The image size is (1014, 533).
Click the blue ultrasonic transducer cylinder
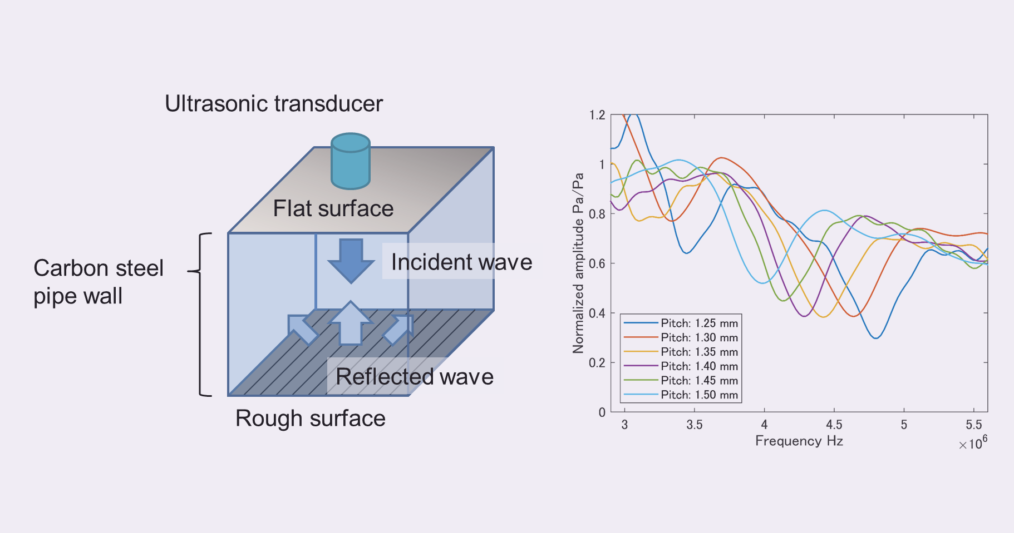351,161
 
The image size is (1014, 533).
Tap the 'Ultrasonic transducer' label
274,104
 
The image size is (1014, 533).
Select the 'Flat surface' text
333,208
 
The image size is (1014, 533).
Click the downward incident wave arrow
351,261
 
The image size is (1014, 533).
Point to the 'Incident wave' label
461,262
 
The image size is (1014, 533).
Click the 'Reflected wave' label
415,377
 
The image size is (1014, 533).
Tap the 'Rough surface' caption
311,419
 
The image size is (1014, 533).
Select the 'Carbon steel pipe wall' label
99,282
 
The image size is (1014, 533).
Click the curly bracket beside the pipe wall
200,315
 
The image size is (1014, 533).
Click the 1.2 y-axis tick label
597,115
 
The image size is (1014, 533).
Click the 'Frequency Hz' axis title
799,441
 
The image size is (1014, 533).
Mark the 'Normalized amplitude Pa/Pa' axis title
578,263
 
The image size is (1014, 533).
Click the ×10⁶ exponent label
973,443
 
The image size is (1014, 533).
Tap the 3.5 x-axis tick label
694,425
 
